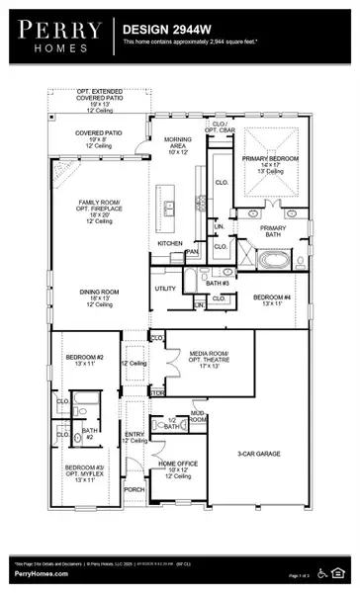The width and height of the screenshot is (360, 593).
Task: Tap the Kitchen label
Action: (x=171, y=243)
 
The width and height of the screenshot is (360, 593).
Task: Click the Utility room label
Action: (x=165, y=289)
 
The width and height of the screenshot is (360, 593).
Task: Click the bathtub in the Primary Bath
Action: (x=272, y=262)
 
